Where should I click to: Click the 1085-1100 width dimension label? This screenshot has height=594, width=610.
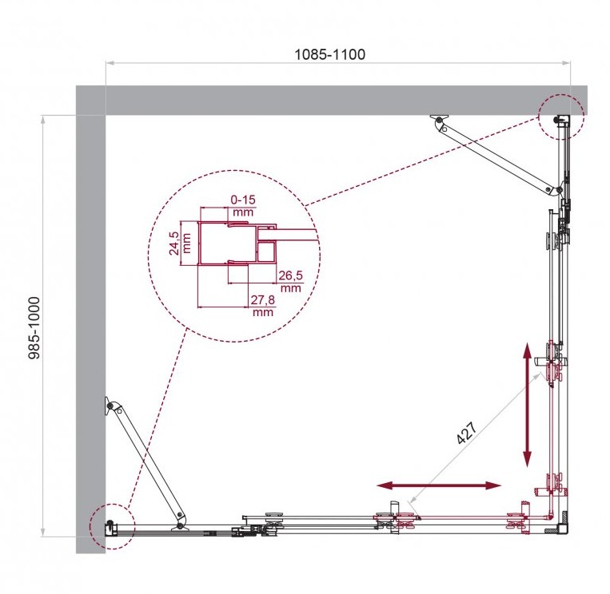(329, 54)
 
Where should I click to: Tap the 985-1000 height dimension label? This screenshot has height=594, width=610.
(34, 328)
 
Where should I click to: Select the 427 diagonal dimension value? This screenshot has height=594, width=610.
(467, 433)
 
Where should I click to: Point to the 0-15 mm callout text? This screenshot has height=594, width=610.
(243, 205)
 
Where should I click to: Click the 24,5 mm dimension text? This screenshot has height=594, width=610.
(180, 243)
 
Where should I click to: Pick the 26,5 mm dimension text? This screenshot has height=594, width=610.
(290, 281)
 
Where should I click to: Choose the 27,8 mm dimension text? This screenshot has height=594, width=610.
(262, 305)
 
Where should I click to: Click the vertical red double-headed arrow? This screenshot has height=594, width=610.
(527, 405)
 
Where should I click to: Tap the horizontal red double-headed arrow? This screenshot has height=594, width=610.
(439, 485)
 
